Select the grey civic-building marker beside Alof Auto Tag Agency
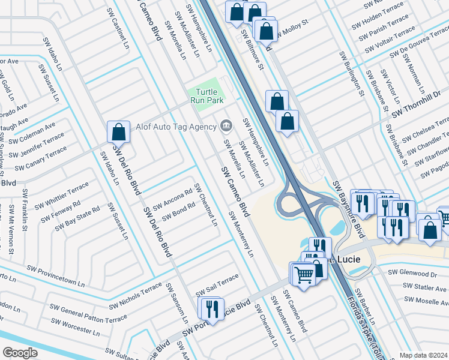[226, 125]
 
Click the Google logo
[20, 352]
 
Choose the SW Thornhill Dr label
[416, 104]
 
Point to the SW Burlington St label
[352, 74]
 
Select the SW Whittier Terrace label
[61, 196]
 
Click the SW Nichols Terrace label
[135, 298]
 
